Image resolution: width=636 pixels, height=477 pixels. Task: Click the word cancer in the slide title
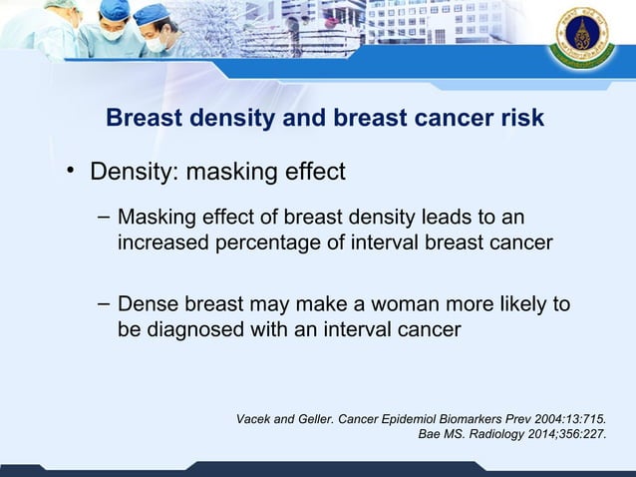[444, 119]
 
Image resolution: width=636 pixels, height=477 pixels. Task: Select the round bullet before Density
[72, 173]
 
